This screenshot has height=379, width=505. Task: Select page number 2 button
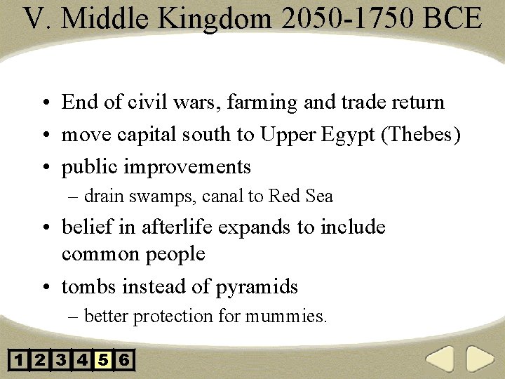40,361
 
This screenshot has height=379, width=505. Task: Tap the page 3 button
61,361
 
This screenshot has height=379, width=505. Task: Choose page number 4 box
82,361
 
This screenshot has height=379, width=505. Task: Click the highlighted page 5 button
103,361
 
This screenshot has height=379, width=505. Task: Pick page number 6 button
124,361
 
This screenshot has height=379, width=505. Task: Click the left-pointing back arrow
440,359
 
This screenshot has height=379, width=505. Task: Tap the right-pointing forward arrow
480,359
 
